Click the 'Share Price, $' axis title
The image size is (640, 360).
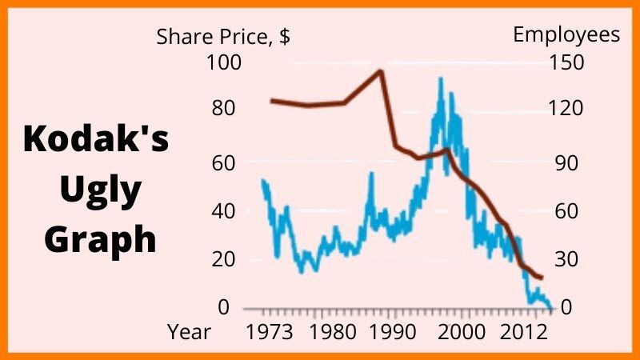pos(222,36)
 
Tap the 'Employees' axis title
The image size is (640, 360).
pos(566,34)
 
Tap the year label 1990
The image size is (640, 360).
pos(390,332)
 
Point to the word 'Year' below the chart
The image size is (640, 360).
pos(190,332)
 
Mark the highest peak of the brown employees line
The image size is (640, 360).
pos(380,71)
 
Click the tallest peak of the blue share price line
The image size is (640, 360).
pos(441,78)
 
